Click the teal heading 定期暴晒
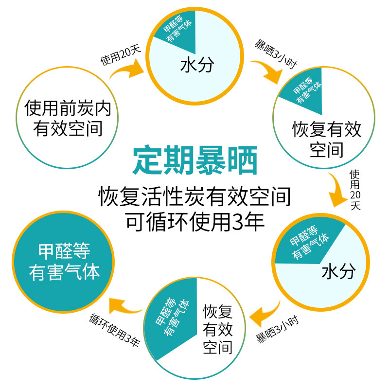[x=195, y=161]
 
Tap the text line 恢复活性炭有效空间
[x=195, y=197]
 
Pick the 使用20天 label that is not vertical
[x=120, y=56]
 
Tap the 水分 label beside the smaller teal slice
[x=196, y=66]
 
